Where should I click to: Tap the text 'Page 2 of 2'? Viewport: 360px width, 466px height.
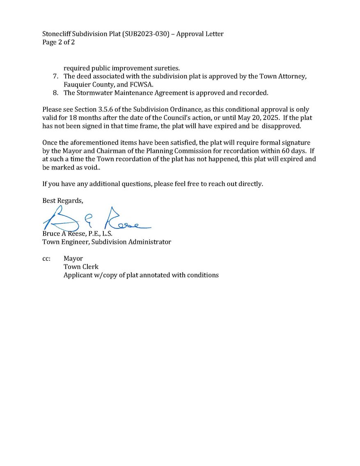59,42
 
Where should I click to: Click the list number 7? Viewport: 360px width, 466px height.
55,77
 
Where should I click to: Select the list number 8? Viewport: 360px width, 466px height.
55,93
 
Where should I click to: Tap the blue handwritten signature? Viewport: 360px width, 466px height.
96,220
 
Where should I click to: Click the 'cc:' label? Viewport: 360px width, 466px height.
46,259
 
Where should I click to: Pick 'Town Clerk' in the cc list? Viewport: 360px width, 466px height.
81,267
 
